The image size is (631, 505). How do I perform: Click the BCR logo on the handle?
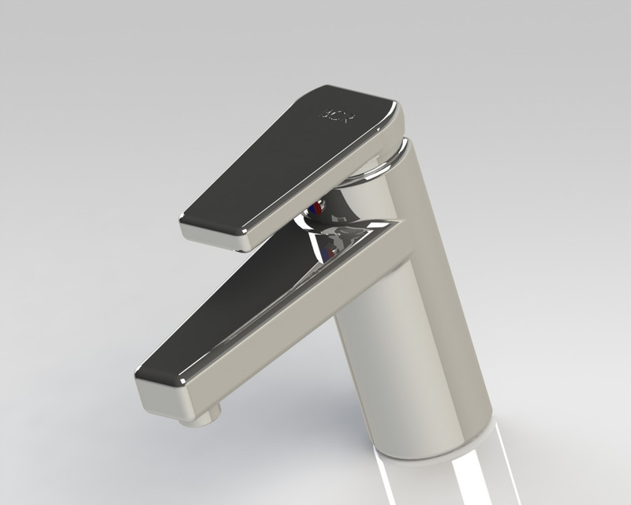[x=338, y=115]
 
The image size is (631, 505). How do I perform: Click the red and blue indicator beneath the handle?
[x=315, y=209]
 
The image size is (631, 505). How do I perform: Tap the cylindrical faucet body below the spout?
[x=410, y=355]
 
